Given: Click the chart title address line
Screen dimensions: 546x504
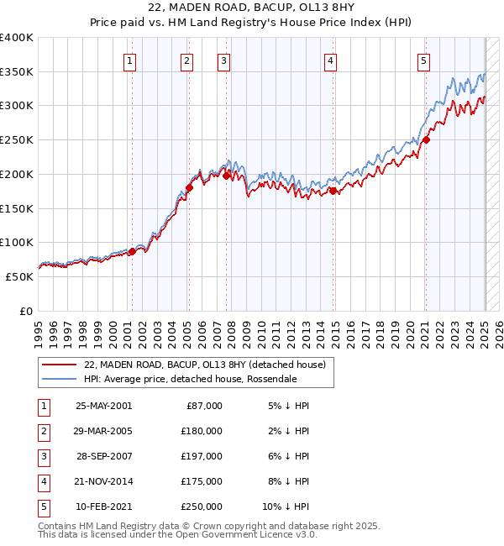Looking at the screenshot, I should point(251,9).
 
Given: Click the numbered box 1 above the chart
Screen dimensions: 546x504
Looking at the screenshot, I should point(131,60).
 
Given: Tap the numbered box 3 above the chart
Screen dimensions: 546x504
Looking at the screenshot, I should point(224,60).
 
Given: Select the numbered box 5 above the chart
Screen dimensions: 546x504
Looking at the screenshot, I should point(423,60).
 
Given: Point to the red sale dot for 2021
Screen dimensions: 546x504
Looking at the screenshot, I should point(426,140).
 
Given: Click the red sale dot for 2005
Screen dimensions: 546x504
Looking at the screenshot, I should point(189,188).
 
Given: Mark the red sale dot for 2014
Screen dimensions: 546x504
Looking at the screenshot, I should point(333,192).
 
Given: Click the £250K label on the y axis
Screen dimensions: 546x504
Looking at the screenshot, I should point(17,140).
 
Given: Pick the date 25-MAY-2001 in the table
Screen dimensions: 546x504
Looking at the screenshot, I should point(103,406).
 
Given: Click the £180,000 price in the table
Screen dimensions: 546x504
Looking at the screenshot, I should point(202,431).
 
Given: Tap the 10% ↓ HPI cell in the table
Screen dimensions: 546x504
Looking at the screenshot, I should point(286,507).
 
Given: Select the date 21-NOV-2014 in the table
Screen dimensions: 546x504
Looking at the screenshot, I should point(103,481).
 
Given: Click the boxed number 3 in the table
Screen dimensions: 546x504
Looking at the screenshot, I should point(42,456).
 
